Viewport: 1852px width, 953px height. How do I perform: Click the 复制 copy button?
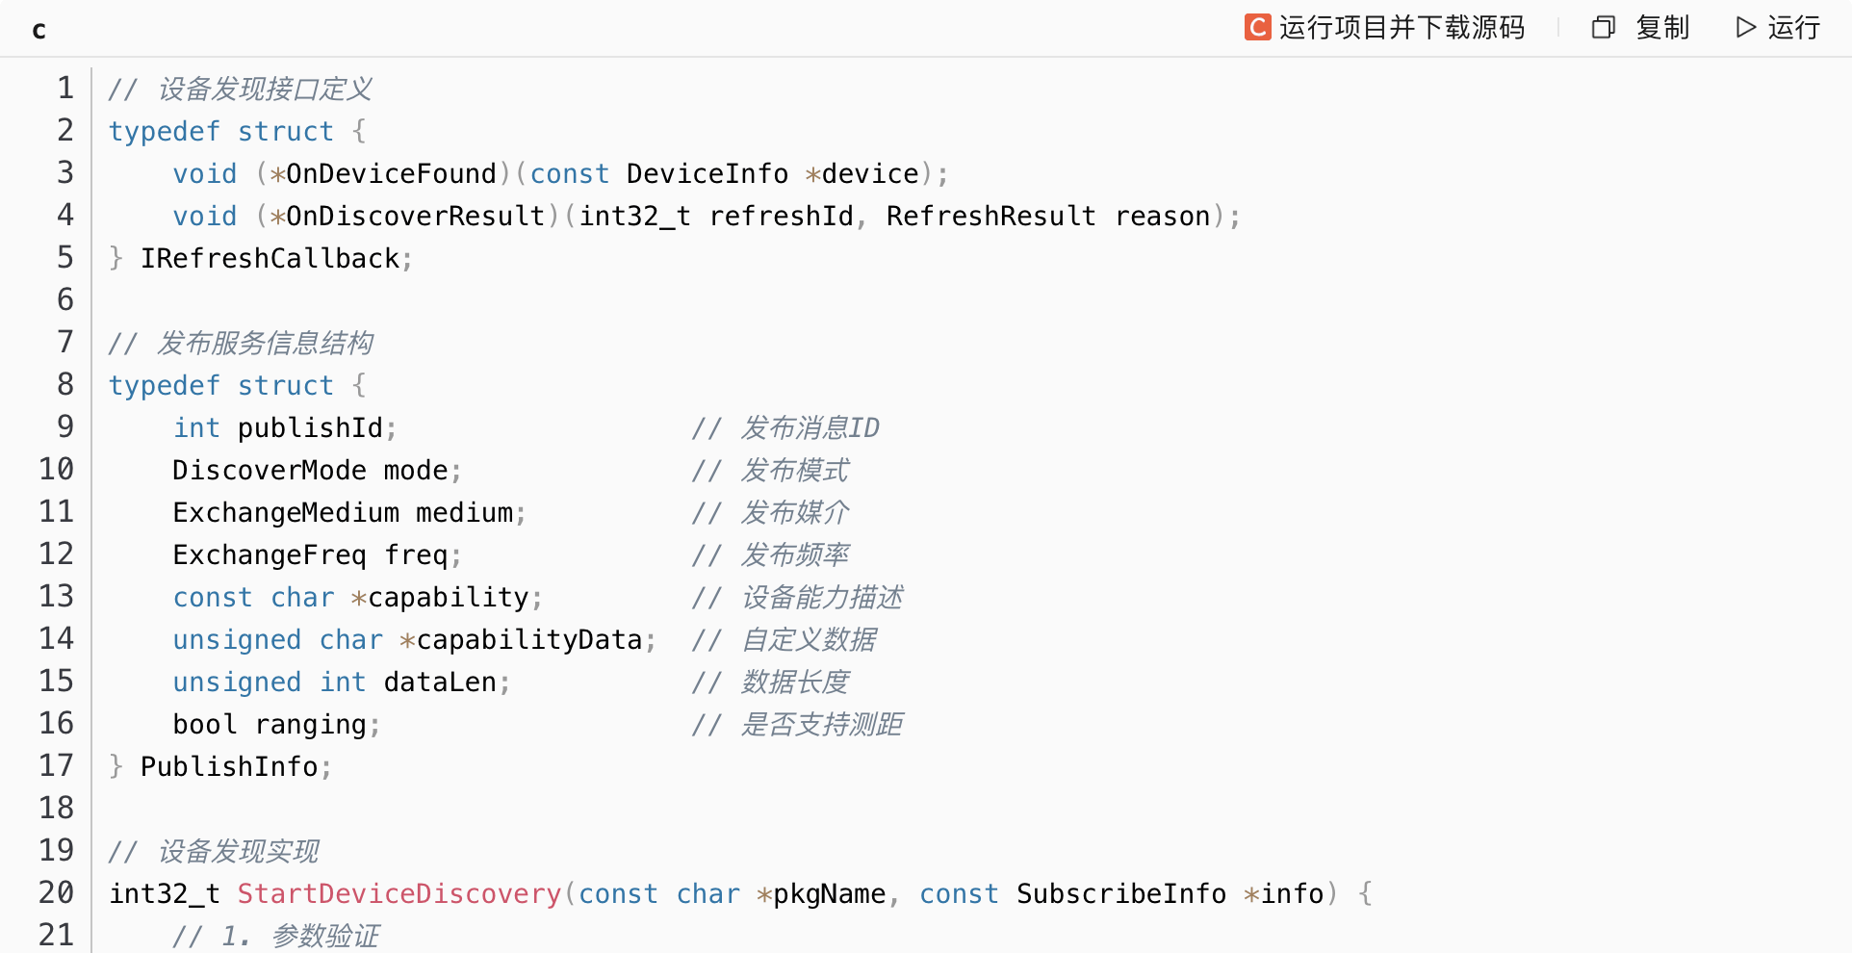click(x=1642, y=27)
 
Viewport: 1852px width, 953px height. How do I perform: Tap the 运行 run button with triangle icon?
click(x=1778, y=27)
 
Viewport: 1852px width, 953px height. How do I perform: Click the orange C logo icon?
click(x=1257, y=27)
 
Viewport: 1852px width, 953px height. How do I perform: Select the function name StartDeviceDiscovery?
click(x=399, y=893)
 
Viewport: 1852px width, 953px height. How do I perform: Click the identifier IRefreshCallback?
click(x=270, y=258)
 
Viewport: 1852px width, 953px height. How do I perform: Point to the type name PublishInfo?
click(x=229, y=766)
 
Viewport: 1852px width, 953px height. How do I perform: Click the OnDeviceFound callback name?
click(x=391, y=173)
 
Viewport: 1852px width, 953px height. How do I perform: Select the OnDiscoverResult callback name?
click(x=415, y=216)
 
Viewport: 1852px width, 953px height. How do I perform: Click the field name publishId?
click(x=310, y=427)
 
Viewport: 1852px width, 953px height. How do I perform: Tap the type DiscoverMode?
click(x=270, y=470)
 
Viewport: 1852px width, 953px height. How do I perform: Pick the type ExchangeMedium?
click(x=286, y=512)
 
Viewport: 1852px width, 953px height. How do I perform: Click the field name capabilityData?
click(x=528, y=639)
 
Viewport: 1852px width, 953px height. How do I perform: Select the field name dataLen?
click(x=440, y=682)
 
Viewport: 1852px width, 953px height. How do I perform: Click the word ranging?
click(x=310, y=724)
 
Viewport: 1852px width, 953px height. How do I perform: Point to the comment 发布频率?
click(x=795, y=554)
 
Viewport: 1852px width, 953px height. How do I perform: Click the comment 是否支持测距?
click(x=821, y=724)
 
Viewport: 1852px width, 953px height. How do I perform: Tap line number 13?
click(x=56, y=596)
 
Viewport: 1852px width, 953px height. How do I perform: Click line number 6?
click(x=64, y=299)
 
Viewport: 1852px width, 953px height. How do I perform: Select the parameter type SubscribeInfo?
click(x=1121, y=893)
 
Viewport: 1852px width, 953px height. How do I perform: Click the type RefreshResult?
click(x=990, y=216)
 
